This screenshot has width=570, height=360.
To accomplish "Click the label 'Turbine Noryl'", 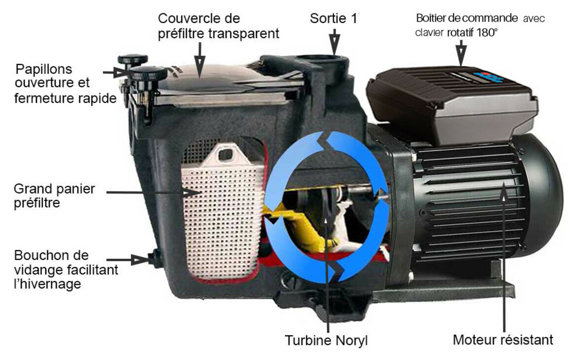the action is tap(326, 340).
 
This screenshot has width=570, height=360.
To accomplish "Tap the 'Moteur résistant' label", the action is tap(503, 340).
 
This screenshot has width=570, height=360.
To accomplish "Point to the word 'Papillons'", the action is tap(44, 69).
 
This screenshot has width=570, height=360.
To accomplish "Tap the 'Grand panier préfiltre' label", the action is tap(54, 196).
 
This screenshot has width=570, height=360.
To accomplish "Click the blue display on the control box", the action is tap(488, 76).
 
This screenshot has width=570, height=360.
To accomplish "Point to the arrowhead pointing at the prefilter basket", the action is tap(191, 193).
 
